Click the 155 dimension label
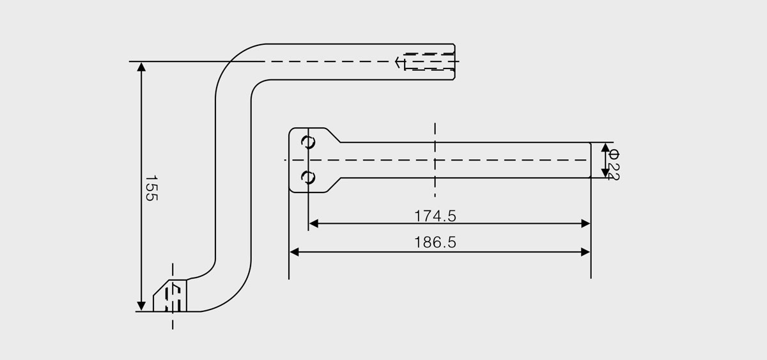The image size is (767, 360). pos(151,189)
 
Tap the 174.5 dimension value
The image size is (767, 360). pos(435,216)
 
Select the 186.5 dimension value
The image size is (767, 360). pos(435,242)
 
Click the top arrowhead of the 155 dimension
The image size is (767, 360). pos(141,67)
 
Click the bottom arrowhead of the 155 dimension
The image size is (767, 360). pos(141,306)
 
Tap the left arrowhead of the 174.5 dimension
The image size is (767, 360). pos(314,224)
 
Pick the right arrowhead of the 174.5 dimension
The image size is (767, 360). pos(585,224)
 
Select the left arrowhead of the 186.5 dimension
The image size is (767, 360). pos(294,252)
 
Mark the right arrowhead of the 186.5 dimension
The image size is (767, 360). pos(585,252)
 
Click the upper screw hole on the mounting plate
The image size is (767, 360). pos(308,142)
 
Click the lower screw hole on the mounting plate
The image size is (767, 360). pos(308,177)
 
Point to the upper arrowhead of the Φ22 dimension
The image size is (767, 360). pos(605,148)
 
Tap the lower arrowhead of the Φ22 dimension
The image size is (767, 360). pos(605,173)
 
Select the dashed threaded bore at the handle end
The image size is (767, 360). pos(430,61)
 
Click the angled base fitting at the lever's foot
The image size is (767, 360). pos(170,295)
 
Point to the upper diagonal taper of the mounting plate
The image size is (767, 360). pos(332,135)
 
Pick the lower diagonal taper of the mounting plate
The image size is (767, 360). pos(332,185)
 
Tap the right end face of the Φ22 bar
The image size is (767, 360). pos(591,160)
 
